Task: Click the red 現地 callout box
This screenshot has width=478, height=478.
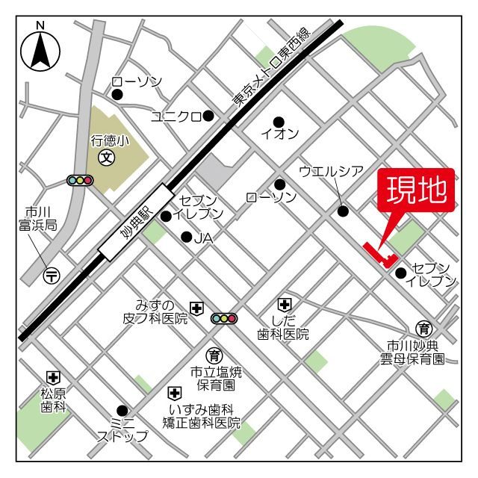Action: coord(418,191)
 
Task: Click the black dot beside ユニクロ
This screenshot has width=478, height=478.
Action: coord(208,115)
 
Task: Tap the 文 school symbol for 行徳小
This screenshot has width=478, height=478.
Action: coord(108,158)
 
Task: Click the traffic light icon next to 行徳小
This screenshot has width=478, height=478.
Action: coord(79,180)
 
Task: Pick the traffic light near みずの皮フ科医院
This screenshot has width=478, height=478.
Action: coord(223,319)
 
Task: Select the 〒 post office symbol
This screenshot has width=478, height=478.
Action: coord(51,274)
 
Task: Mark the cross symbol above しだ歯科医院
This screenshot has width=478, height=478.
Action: coord(284,304)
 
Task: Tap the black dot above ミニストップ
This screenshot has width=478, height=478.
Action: coord(122,409)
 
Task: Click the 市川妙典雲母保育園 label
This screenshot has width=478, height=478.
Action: coord(411,353)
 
